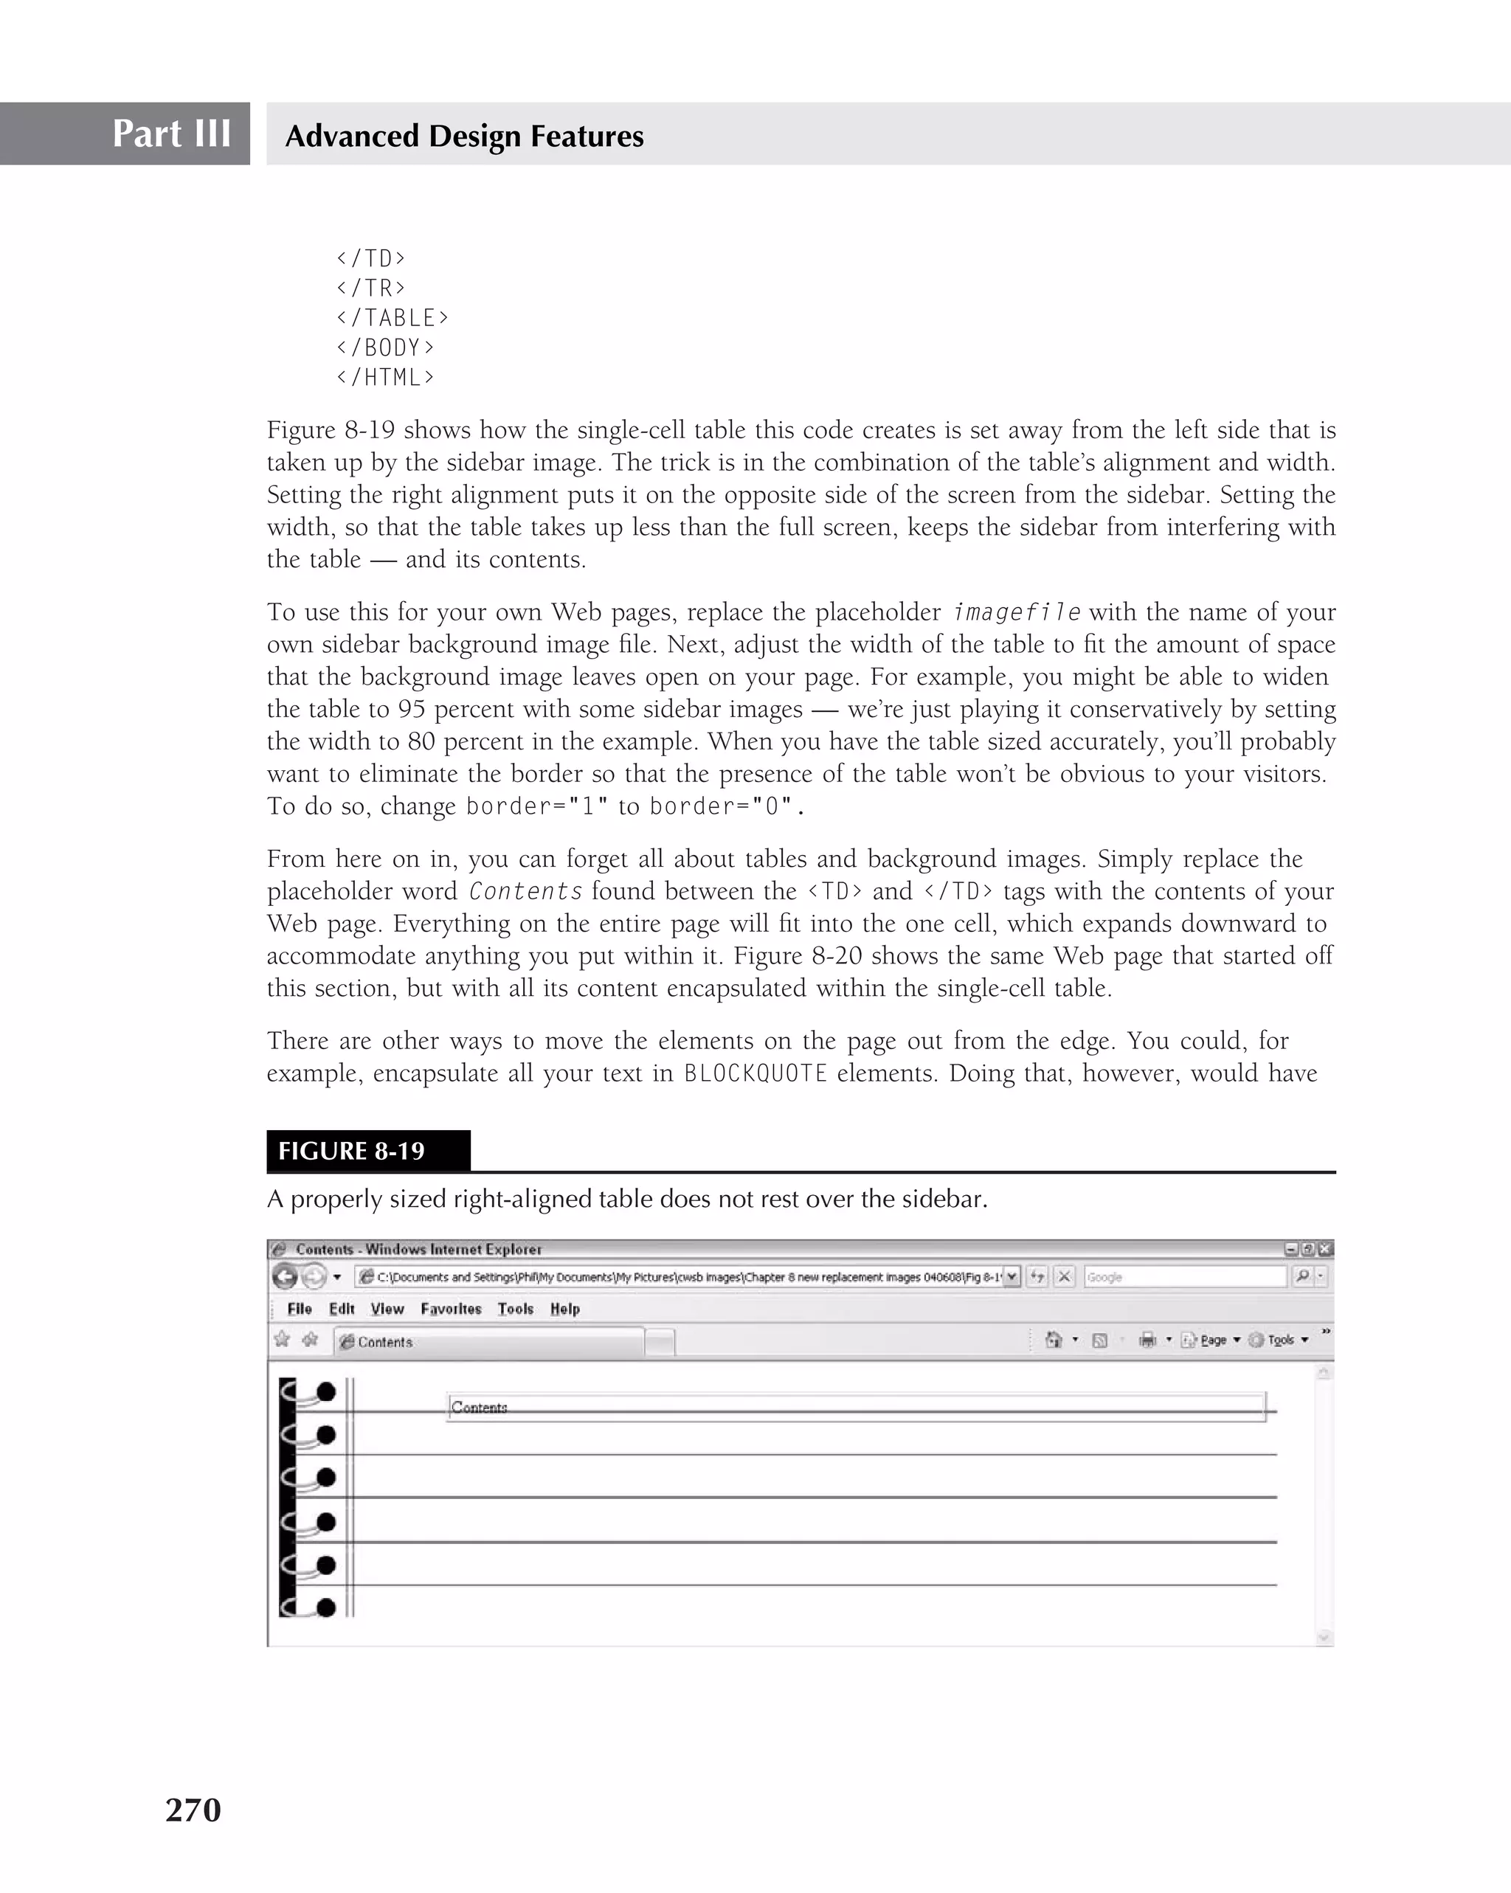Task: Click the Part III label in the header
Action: [x=171, y=134]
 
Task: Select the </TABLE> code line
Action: [x=393, y=318]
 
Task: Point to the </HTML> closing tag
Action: [x=385, y=378]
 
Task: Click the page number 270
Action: [x=193, y=1810]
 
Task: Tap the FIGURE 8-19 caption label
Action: [x=351, y=1151]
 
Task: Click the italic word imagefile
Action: [x=1016, y=612]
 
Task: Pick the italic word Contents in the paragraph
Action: [x=525, y=891]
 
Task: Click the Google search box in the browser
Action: [x=1183, y=1277]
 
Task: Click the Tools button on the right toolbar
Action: [x=1280, y=1340]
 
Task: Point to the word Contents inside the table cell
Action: [x=479, y=1408]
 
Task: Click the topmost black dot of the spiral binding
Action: [x=325, y=1391]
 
